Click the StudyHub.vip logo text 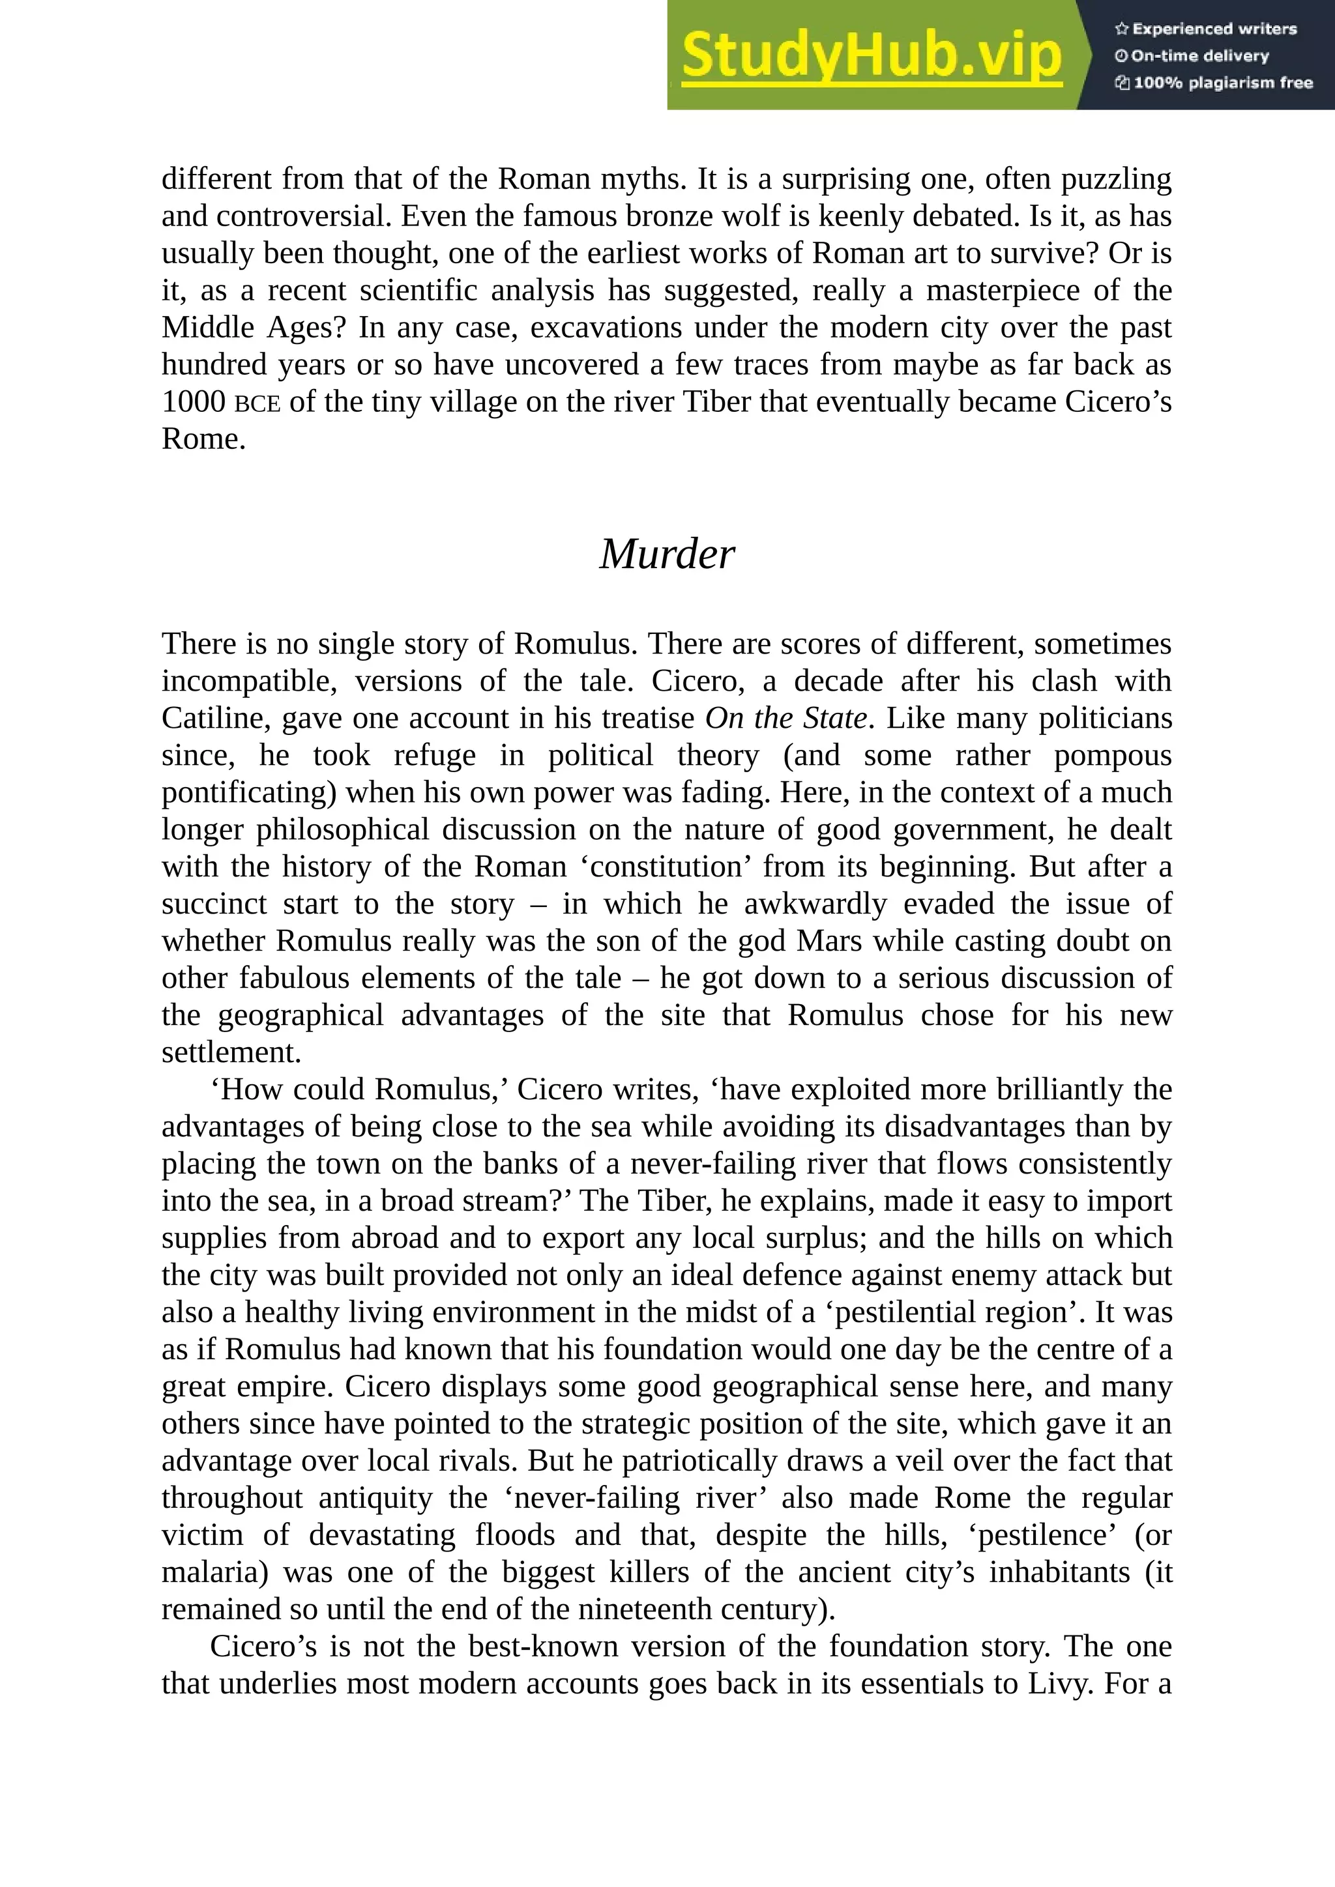click(872, 56)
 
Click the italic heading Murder click(667, 554)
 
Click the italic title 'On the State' click(786, 718)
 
